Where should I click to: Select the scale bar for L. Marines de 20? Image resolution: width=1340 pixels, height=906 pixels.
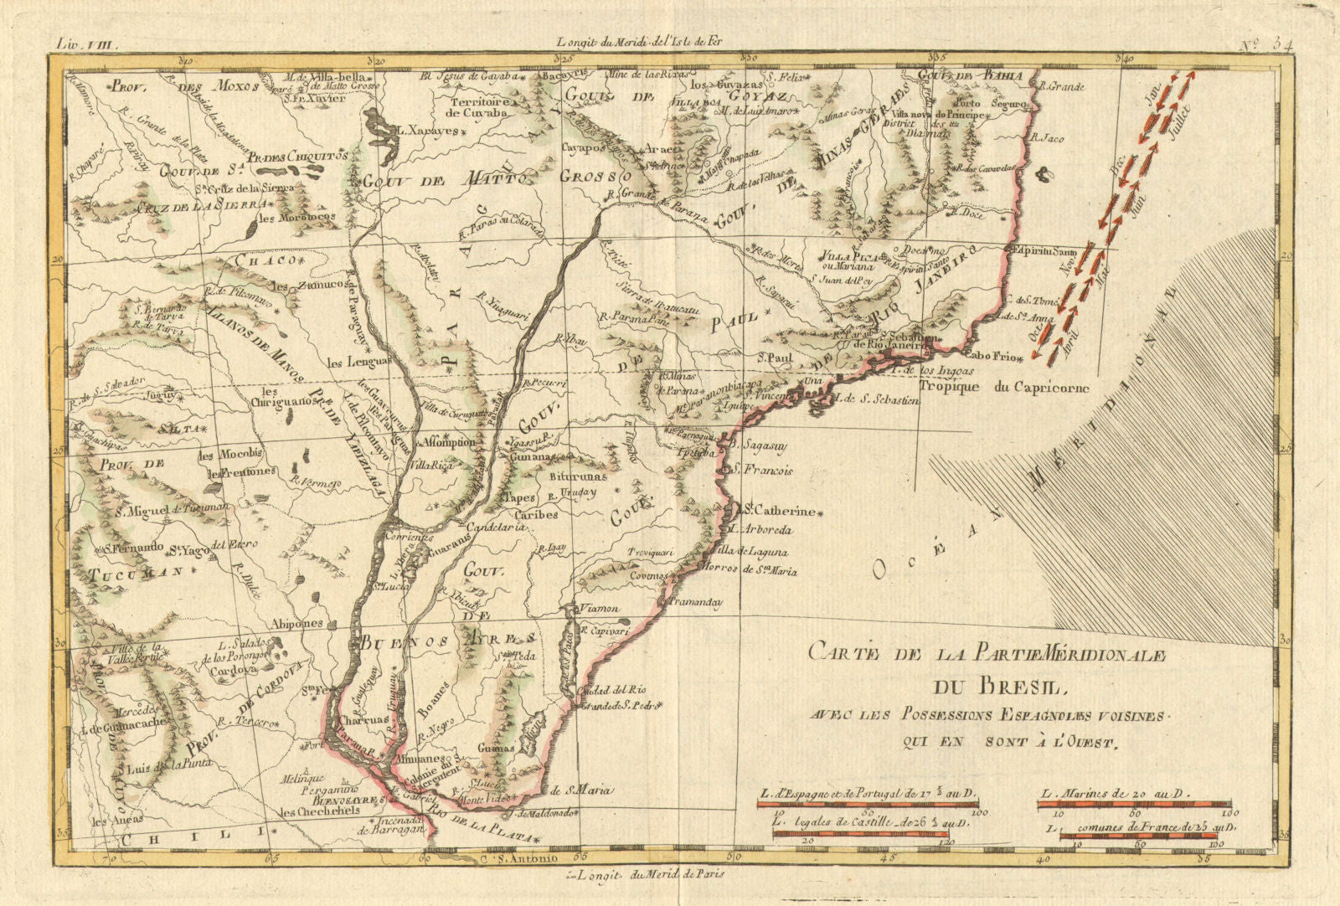[1133, 805]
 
